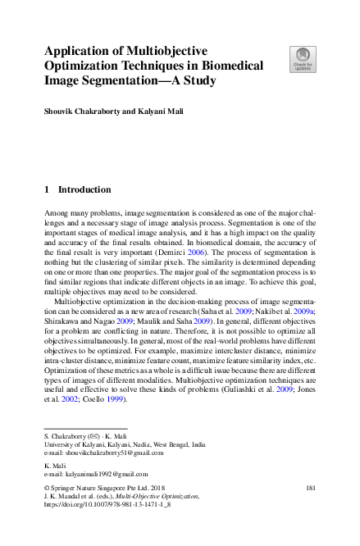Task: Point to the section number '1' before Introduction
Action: point(47,189)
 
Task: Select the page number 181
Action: point(310,488)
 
